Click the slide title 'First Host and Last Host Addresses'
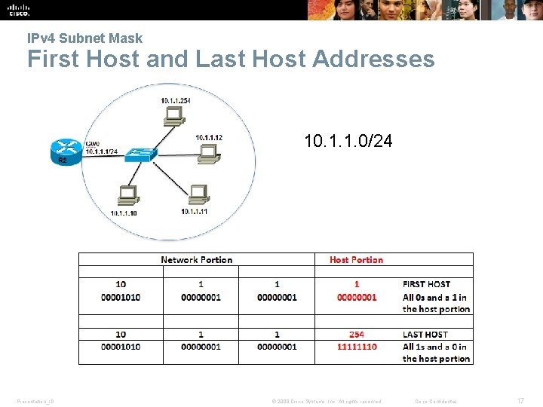231,59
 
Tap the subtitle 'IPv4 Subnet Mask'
84,38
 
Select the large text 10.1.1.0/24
348,141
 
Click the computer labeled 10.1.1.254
174,115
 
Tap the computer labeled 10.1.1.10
127,196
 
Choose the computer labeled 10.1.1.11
198,194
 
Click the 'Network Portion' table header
197,260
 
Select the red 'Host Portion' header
356,260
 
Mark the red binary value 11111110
357,347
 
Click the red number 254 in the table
357,334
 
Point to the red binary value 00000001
357,297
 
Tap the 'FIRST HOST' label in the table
426,284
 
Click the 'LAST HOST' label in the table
425,334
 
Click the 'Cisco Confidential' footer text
437,401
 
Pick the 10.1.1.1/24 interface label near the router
101,152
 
